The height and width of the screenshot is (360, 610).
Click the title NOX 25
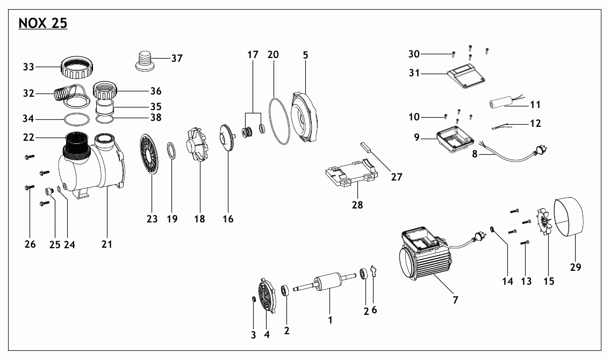pyautogui.click(x=42, y=24)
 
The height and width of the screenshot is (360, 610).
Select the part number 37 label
pyautogui.click(x=177, y=58)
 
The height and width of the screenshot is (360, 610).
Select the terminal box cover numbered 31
pyautogui.click(x=467, y=75)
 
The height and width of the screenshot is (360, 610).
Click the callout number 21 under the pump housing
pyautogui.click(x=106, y=244)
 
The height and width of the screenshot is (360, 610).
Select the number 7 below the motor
pyautogui.click(x=455, y=300)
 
